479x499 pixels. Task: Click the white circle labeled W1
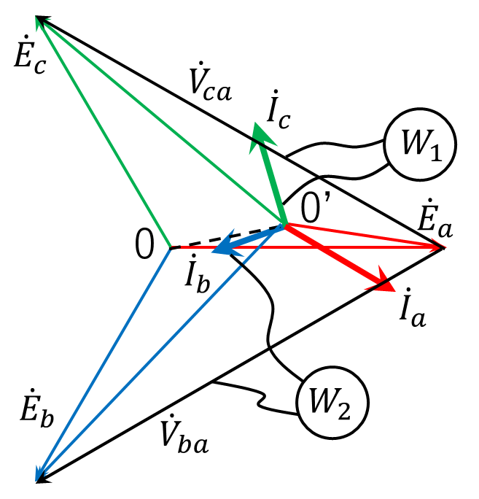click(420, 144)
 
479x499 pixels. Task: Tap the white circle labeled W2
click(332, 402)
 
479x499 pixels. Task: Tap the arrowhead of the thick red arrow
click(381, 282)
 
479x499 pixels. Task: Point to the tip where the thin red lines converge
click(440, 247)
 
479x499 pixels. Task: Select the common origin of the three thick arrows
click(284, 223)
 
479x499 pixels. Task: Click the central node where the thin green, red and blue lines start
click(172, 247)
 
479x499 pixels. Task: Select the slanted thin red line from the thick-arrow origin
click(365, 235)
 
